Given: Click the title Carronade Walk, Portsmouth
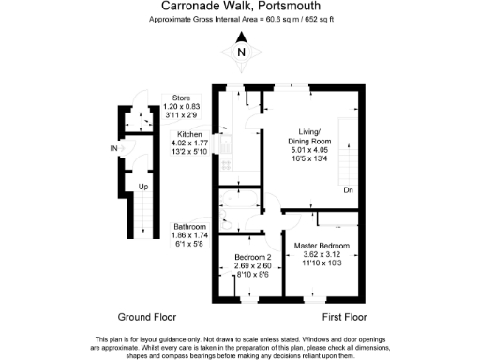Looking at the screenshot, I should click(x=240, y=7).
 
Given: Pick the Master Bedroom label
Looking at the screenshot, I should click(x=321, y=246).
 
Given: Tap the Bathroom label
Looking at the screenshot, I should click(x=190, y=227).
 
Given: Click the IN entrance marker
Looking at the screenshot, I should click(x=114, y=149).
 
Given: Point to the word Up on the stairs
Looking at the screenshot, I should click(x=142, y=187).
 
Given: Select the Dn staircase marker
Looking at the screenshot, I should click(x=346, y=190).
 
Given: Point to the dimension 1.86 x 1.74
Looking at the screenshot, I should click(x=190, y=235).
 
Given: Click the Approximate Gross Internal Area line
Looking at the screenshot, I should click(x=240, y=19).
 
